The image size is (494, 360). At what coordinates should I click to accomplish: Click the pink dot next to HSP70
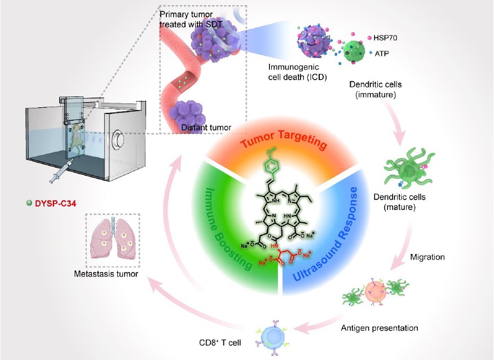pos(369,37)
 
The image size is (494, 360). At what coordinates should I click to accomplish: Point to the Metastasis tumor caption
pos(107,275)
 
